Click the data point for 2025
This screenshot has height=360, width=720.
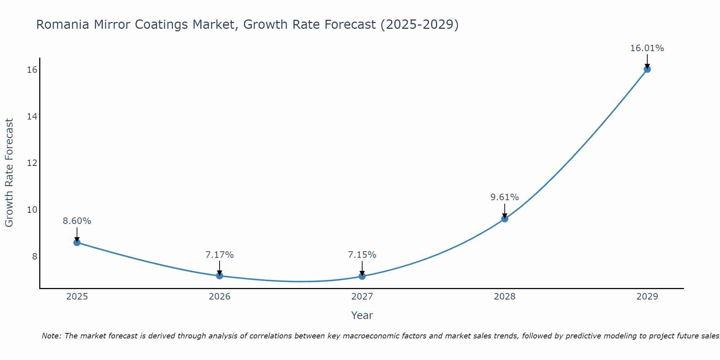coord(77,242)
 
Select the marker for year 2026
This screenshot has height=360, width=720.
coord(220,276)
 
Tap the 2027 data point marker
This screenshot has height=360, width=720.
coord(362,276)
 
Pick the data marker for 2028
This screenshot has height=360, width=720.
coord(505,219)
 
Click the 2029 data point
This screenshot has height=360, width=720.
coord(647,69)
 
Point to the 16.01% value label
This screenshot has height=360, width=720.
coord(647,48)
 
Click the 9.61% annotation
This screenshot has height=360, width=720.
coord(504,197)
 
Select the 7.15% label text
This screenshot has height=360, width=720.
coord(362,255)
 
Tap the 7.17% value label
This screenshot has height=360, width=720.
coord(220,255)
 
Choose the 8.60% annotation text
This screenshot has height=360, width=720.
coord(77,221)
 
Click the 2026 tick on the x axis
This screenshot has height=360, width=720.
coord(220,297)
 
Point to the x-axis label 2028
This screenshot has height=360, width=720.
coord(505,297)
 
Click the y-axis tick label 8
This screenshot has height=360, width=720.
coord(35,256)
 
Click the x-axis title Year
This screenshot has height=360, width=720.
coord(362,315)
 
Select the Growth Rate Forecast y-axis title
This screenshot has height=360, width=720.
coord(9,173)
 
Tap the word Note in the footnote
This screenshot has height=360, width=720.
coord(51,336)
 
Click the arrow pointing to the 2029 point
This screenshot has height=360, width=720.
coord(647,61)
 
